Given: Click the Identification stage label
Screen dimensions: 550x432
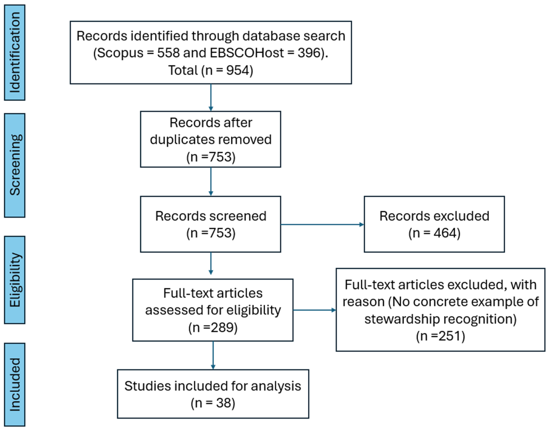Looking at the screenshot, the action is (15, 52).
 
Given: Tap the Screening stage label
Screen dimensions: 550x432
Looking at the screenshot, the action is (15, 165).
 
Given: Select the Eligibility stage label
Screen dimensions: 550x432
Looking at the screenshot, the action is (15, 280).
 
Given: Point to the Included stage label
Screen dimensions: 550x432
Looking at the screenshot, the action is (15, 385).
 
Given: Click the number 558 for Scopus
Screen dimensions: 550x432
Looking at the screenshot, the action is (168, 53).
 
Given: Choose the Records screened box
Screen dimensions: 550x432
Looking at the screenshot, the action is (211, 224).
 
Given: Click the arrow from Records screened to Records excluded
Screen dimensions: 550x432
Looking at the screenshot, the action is (322, 224).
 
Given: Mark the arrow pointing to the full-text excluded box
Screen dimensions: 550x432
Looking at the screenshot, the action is (315, 310).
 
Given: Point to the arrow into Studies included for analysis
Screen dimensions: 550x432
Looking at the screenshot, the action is (213, 355).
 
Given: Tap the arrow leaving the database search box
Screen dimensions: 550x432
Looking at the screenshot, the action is (211, 98).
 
